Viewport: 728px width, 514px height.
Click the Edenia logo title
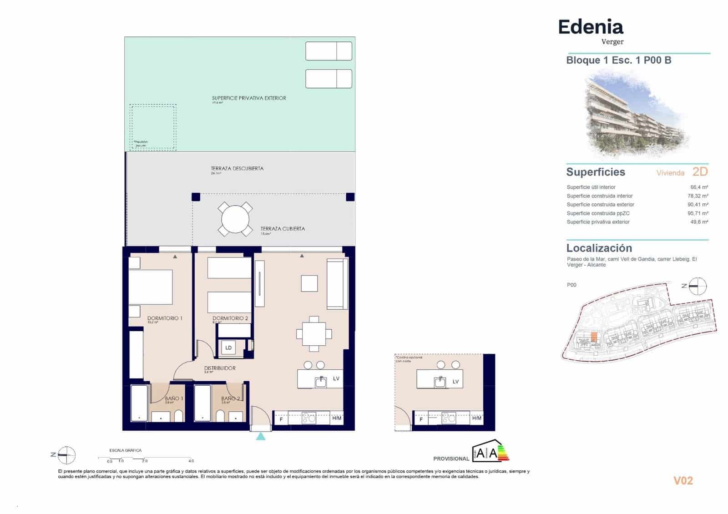pyautogui.click(x=591, y=27)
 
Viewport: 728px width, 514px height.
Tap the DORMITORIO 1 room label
pyautogui.click(x=165, y=318)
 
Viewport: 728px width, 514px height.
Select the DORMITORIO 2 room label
pyautogui.click(x=230, y=318)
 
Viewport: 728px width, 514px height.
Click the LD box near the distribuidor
pyautogui.click(x=228, y=348)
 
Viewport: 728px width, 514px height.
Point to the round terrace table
pyautogui.click(x=235, y=219)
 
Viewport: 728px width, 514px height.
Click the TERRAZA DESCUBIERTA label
pyautogui.click(x=237, y=168)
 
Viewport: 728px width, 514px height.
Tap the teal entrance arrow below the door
pyautogui.click(x=261, y=437)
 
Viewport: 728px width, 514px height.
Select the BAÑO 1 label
pyautogui.click(x=174, y=398)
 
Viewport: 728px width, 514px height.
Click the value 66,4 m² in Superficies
pyautogui.click(x=699, y=187)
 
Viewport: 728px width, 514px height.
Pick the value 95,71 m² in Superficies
pyautogui.click(x=698, y=213)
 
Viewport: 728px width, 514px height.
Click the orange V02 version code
pyautogui.click(x=683, y=481)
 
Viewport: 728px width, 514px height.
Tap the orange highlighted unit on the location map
pyautogui.click(x=594, y=338)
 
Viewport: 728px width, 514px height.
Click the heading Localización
pyautogui.click(x=599, y=248)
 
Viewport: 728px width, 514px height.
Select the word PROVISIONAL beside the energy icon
pyautogui.click(x=451, y=459)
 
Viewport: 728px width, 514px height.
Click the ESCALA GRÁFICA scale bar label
pyautogui.click(x=126, y=450)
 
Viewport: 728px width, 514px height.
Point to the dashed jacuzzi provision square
pyautogui.click(x=153, y=126)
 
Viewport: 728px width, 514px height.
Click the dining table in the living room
pyautogui.click(x=314, y=334)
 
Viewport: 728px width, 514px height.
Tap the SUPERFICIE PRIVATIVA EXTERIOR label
pyautogui.click(x=249, y=98)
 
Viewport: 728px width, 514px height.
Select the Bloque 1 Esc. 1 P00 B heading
pyautogui.click(x=618, y=60)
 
